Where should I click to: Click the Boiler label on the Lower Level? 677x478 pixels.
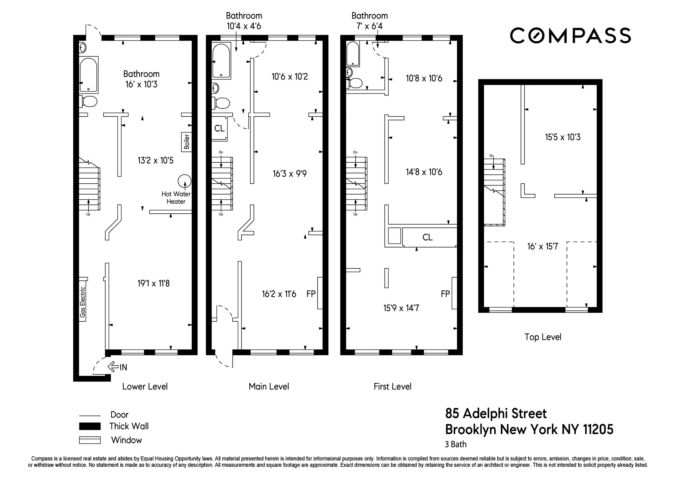[x=187, y=142]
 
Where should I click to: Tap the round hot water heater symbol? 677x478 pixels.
[x=185, y=181]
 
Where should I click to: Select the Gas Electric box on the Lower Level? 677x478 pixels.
[x=83, y=302]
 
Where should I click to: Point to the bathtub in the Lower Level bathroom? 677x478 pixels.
[x=88, y=75]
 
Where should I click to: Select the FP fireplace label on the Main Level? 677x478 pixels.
[x=311, y=294]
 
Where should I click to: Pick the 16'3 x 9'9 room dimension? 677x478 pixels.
[x=290, y=174]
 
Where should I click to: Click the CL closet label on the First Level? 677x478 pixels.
[x=428, y=237]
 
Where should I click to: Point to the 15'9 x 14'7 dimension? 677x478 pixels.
[x=401, y=308]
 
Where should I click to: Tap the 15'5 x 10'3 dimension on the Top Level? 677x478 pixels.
[x=563, y=137]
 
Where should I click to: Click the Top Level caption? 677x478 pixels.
[x=543, y=337]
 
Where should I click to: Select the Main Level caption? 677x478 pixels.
[x=269, y=387]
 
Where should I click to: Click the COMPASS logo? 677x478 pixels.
[x=570, y=36]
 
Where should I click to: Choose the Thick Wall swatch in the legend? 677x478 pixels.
[x=90, y=426]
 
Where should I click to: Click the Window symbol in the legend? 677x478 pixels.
[x=90, y=440]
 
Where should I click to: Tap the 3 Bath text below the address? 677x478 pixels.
[x=456, y=444]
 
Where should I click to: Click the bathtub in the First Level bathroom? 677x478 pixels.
[x=353, y=54]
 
